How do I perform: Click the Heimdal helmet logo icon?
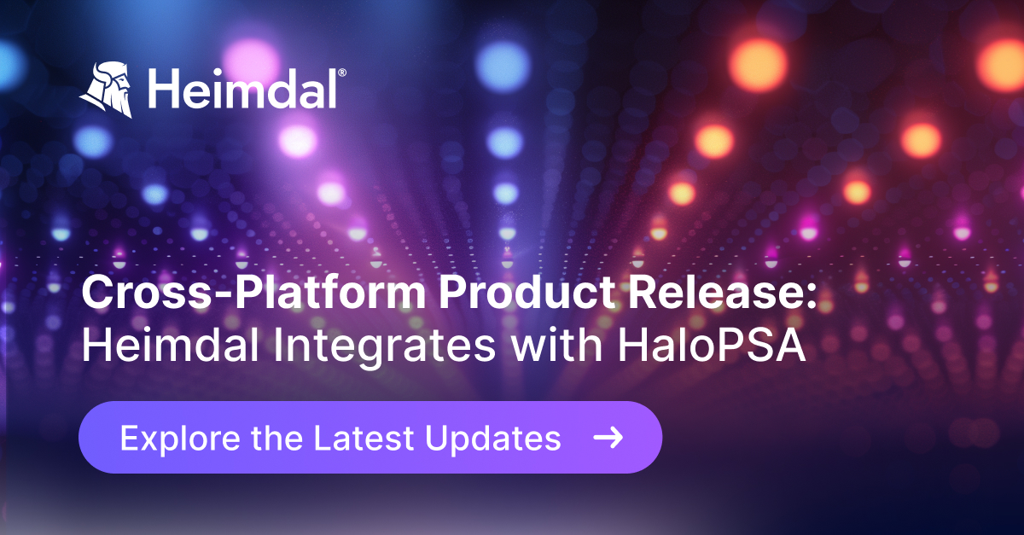[x=108, y=88]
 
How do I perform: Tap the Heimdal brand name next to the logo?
[x=241, y=90]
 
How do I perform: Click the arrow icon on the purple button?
[x=608, y=438]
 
